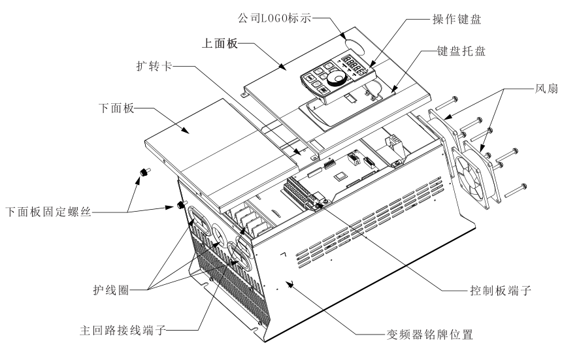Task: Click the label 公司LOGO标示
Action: [276, 20]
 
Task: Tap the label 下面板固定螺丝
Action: [45, 212]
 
